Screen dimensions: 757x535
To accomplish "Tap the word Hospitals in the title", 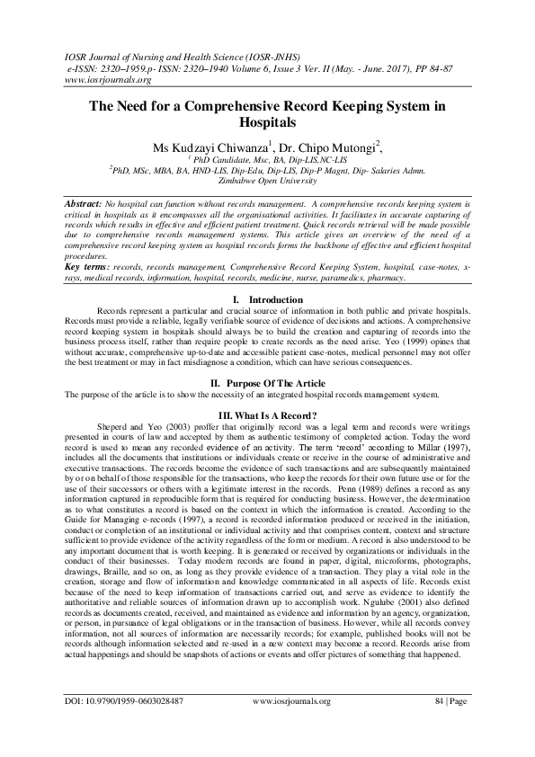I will [x=267, y=121].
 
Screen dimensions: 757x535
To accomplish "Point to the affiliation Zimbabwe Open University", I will [x=267, y=180].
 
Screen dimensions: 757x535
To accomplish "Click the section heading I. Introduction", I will [x=267, y=299].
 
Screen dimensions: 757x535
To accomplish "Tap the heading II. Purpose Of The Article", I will [x=267, y=383].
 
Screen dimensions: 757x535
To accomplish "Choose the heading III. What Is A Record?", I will [x=267, y=414].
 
